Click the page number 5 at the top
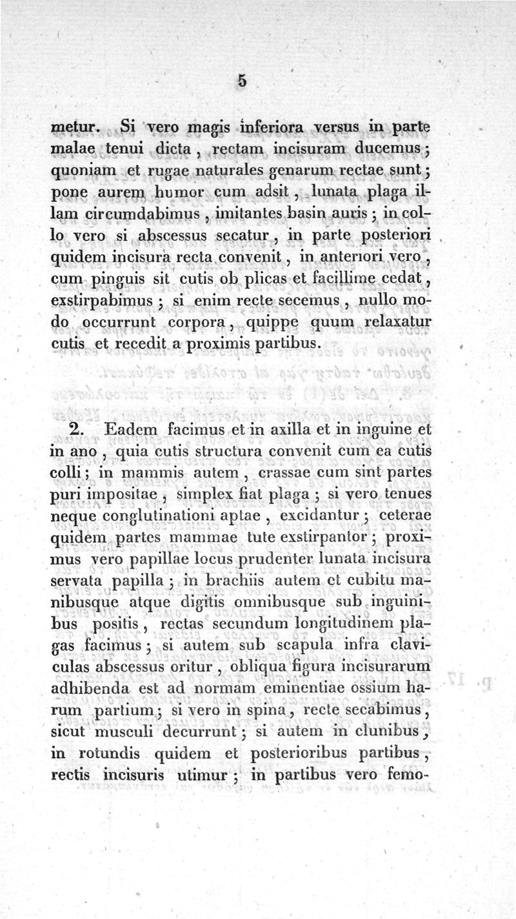[x=242, y=81]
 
